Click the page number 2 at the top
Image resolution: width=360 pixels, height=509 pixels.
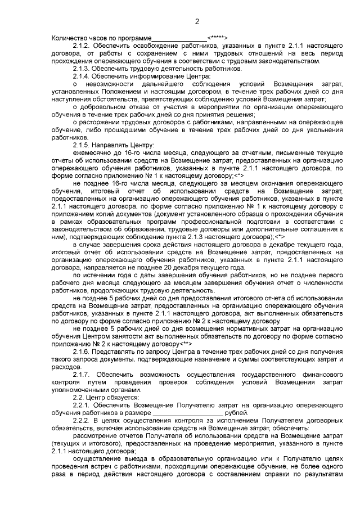197,22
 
